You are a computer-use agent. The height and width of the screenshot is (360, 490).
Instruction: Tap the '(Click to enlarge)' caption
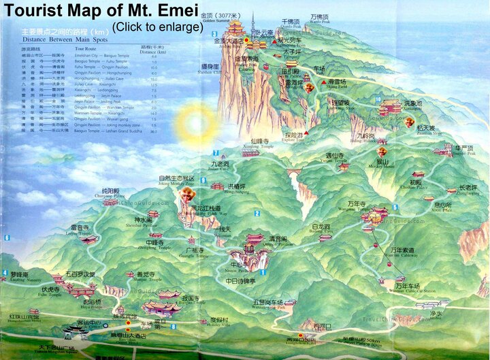[157, 27]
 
